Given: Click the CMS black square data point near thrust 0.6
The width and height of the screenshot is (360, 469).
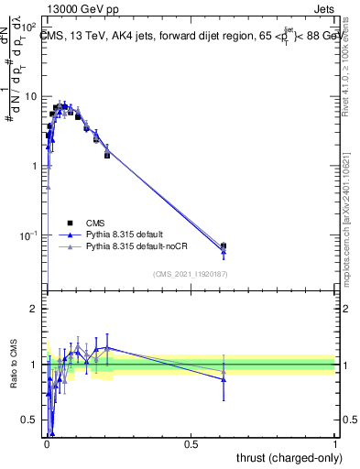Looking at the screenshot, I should click(x=224, y=245).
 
